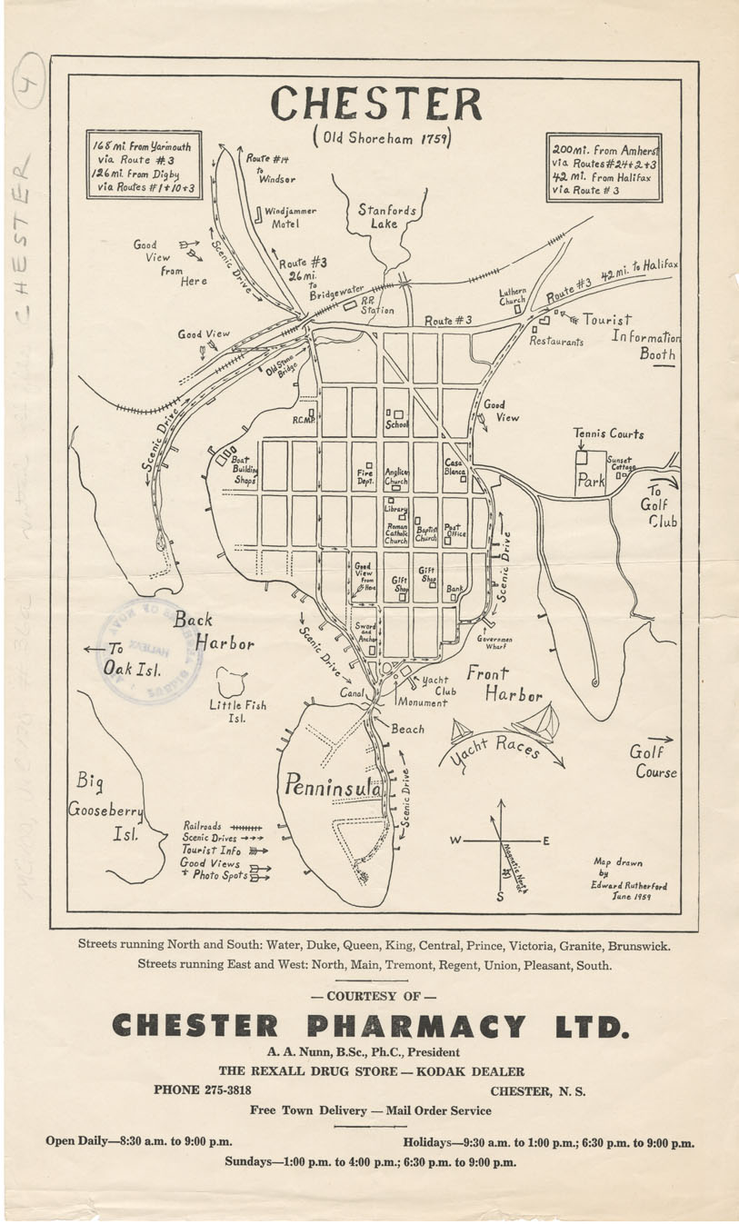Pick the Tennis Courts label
point(608,433)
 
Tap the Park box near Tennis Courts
point(591,482)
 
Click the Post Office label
point(454,531)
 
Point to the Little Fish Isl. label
point(237,711)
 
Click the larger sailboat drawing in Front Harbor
point(536,723)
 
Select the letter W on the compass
point(454,841)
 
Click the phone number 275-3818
point(222,1090)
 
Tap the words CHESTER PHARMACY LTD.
point(369,1027)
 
